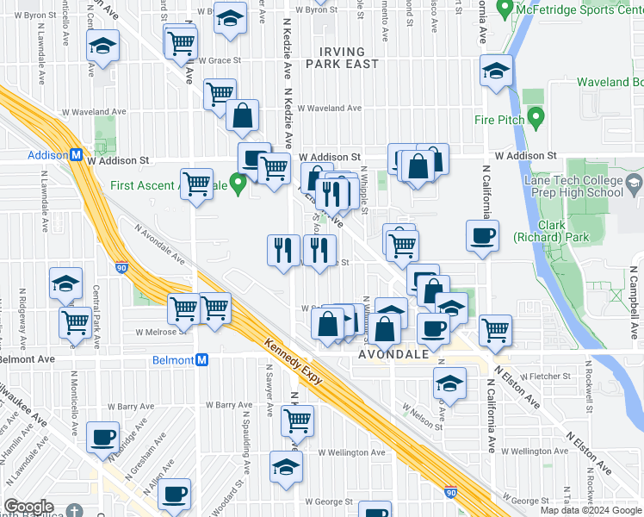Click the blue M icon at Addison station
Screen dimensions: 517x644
click(76, 156)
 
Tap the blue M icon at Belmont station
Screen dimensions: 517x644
click(201, 359)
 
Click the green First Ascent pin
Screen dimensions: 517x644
click(240, 183)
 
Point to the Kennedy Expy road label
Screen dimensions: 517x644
click(296, 360)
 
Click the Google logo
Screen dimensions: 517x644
click(28, 506)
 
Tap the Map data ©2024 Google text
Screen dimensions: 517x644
click(591, 510)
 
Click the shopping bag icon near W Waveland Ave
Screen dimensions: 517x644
click(243, 115)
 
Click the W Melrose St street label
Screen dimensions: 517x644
click(157, 331)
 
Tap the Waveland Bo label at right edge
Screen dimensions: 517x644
click(610, 82)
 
